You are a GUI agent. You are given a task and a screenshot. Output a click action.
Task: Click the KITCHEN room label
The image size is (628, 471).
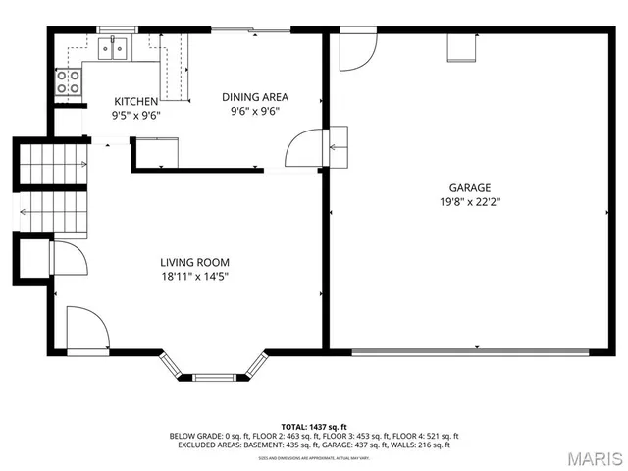click(x=135, y=101)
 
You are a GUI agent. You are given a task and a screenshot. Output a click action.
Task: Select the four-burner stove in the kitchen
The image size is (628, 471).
click(x=69, y=82)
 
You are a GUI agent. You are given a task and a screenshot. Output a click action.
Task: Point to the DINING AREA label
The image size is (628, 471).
click(x=254, y=97)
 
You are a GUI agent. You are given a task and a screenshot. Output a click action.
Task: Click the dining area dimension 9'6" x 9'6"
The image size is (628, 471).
click(x=254, y=111)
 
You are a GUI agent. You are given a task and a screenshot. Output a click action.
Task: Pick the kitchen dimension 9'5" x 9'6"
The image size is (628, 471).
click(x=135, y=114)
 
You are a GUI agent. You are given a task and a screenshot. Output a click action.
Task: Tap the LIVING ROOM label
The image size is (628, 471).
click(x=194, y=262)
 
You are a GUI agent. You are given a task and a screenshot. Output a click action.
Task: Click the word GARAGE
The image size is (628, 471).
click(x=469, y=187)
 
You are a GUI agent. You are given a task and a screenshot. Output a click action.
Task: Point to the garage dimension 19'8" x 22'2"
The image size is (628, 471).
click(x=469, y=202)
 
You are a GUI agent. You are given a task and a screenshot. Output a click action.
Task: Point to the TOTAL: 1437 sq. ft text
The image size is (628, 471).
click(x=313, y=426)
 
